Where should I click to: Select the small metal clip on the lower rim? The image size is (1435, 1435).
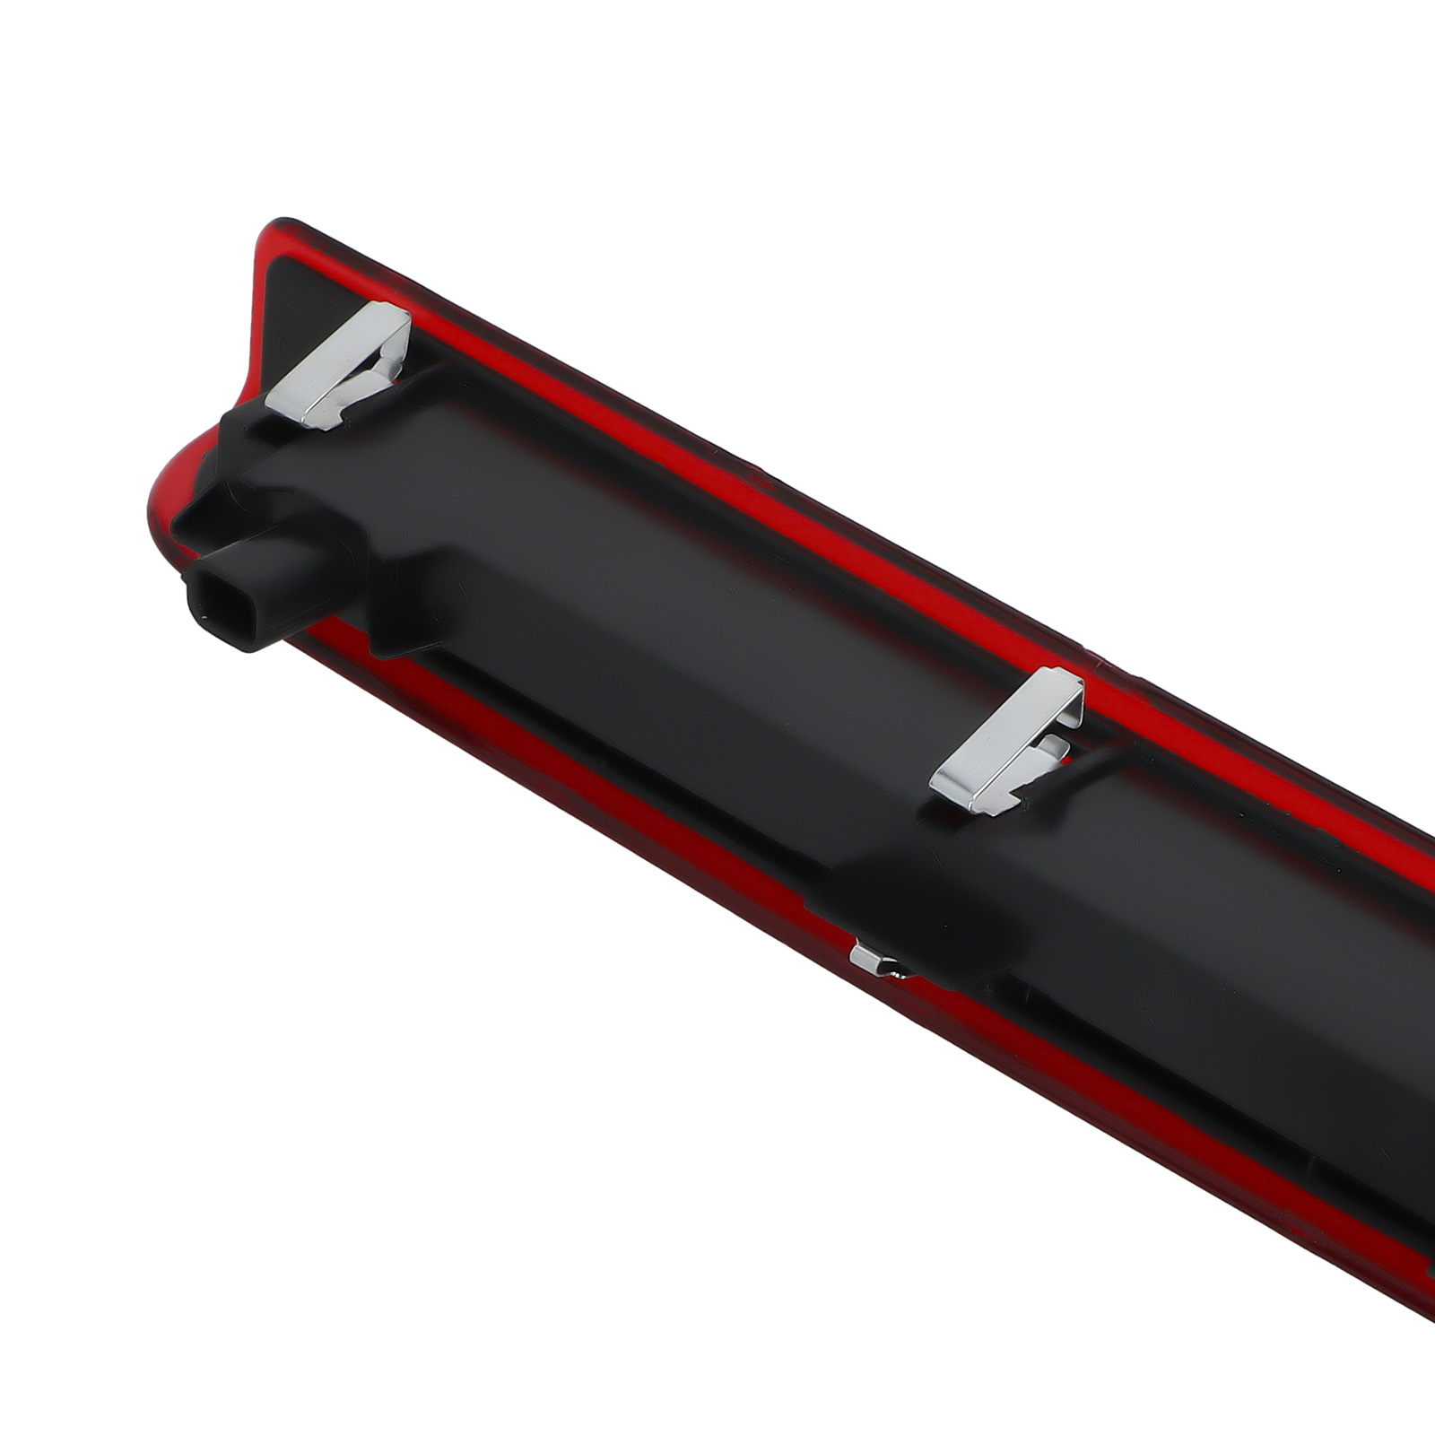pyautogui.click(x=874, y=961)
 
